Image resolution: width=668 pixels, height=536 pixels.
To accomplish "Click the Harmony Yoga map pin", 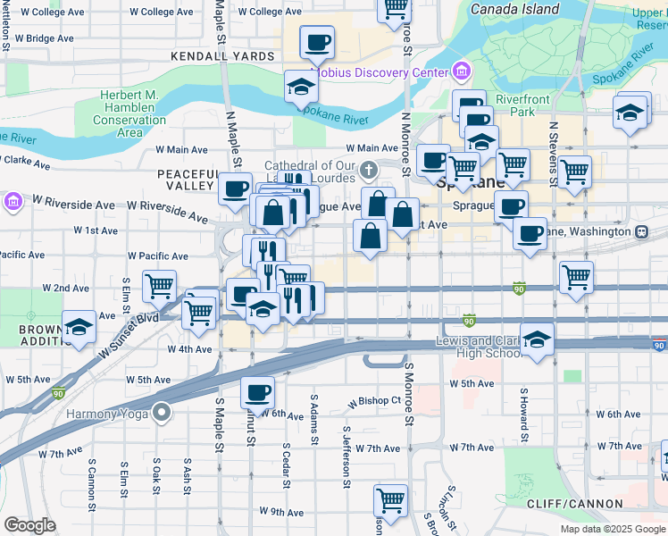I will pyautogui.click(x=161, y=412).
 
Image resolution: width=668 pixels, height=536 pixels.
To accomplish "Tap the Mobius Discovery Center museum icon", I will pyautogui.click(x=461, y=71).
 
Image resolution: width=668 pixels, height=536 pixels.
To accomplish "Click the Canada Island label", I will pyautogui.click(x=514, y=9).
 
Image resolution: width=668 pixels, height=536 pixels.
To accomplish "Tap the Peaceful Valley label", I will pyautogui.click(x=188, y=180).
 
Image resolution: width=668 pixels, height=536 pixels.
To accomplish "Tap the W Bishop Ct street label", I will pyautogui.click(x=375, y=401).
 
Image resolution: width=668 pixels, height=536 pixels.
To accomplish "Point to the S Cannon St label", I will pyautogui.click(x=91, y=485).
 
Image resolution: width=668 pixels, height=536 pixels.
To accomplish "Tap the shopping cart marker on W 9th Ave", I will pyautogui.click(x=391, y=499).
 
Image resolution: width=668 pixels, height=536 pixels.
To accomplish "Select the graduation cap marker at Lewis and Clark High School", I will pyautogui.click(x=538, y=339).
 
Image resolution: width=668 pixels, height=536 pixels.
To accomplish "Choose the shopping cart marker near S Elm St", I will pyautogui.click(x=159, y=287).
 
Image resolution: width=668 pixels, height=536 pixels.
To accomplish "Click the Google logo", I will pyautogui.click(x=30, y=525).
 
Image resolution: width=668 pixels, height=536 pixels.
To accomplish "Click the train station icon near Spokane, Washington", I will pyautogui.click(x=641, y=230).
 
